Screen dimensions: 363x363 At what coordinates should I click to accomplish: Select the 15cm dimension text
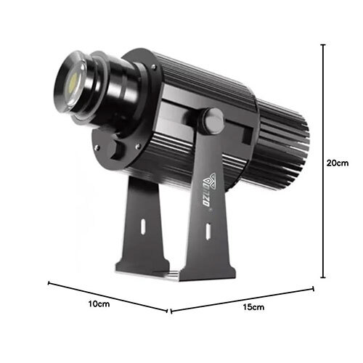(251, 308)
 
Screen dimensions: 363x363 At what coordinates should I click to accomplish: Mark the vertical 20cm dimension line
(323, 160)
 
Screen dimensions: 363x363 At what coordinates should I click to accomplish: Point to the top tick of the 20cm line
(323, 44)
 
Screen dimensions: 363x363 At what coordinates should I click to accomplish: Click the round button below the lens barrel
(115, 150)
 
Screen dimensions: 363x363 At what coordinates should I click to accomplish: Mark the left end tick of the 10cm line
(49, 283)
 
